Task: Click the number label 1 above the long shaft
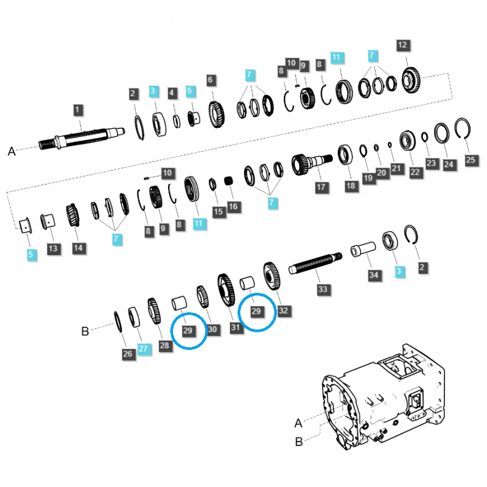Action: (77, 110)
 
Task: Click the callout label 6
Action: (211, 80)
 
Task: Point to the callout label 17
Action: (321, 187)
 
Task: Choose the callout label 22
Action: (415, 173)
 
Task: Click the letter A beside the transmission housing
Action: (298, 423)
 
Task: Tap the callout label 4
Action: (173, 93)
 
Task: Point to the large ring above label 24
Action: (442, 133)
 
